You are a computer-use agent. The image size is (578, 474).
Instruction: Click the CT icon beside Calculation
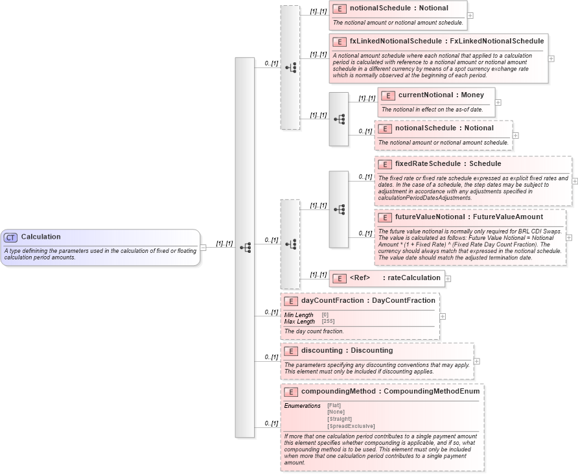pos(11,237)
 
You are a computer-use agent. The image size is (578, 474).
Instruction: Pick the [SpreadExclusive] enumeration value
pos(351,426)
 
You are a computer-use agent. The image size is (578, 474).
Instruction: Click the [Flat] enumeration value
pos(334,405)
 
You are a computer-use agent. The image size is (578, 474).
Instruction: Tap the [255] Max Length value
pos(328,321)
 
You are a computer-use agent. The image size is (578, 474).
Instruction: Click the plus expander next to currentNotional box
pos(498,102)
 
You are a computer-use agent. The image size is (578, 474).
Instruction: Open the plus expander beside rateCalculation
pos(448,279)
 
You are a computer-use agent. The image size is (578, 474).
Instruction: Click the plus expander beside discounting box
pos(477,361)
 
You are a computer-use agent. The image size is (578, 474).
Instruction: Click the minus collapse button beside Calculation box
pos(203,247)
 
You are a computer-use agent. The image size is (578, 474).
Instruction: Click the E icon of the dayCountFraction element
pos(291,301)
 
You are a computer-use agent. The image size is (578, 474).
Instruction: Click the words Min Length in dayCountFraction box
pos(299,314)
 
